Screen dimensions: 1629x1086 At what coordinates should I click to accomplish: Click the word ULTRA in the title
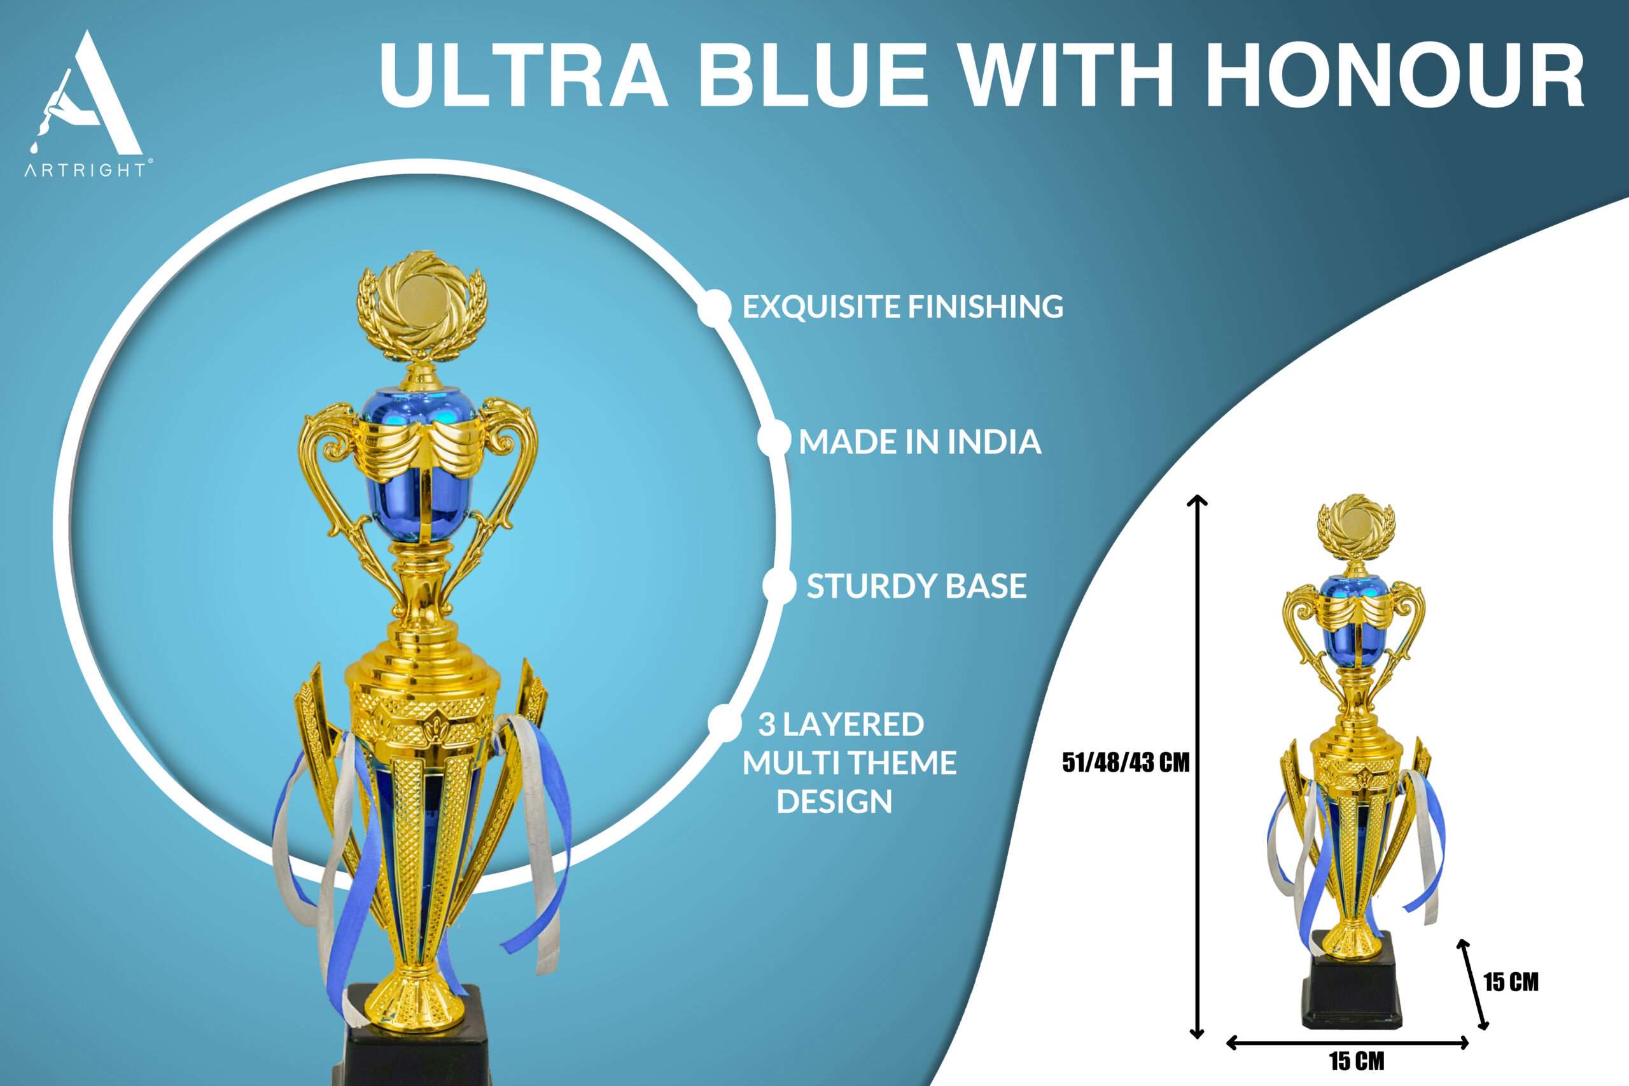pos(523,75)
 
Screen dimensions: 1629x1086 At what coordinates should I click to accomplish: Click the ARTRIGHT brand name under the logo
pos(85,170)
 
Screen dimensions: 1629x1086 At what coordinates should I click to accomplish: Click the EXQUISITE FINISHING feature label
pos(902,307)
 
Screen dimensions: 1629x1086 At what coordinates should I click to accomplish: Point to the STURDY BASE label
pos(916,587)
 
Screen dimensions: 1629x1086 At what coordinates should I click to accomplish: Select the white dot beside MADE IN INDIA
pos(774,439)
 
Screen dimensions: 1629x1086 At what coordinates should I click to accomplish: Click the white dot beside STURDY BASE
pos(779,586)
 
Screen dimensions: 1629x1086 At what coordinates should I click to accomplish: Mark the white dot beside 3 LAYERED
pos(724,721)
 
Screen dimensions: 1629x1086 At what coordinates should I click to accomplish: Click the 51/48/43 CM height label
pos(1126,763)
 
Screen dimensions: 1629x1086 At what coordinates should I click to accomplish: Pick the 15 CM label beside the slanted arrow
pos(1511,982)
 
